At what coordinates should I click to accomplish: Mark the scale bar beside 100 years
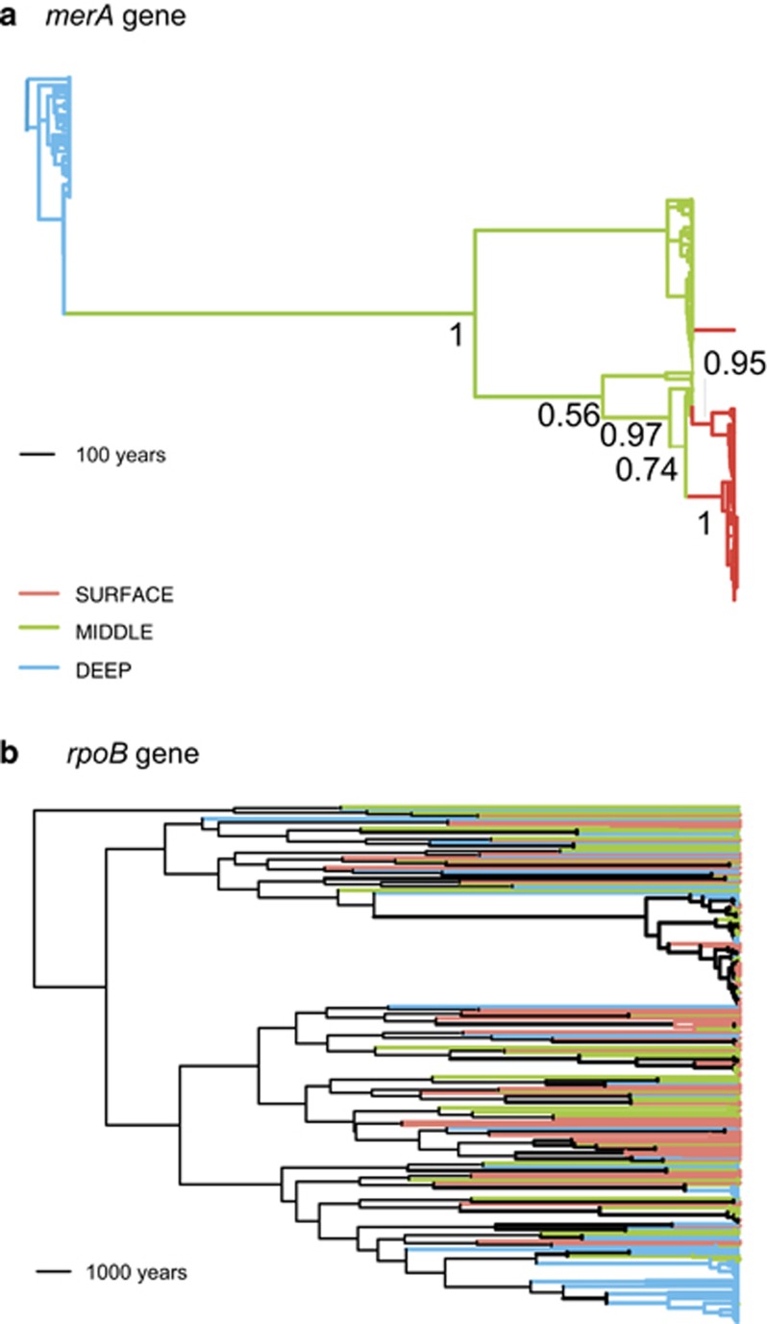click(34, 455)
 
